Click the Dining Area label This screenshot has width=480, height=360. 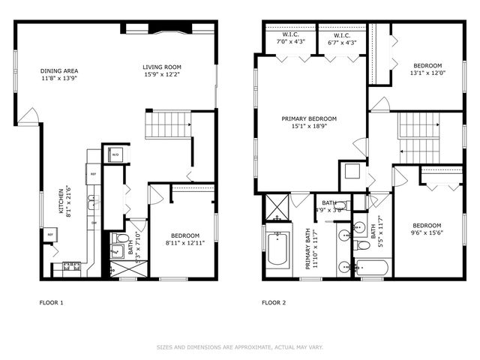pos(59,71)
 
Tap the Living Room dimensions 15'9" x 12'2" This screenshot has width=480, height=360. pos(162,74)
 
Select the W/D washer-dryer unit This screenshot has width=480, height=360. pos(116,154)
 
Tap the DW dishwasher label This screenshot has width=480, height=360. pos(94,223)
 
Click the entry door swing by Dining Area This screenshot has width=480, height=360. pos(28,116)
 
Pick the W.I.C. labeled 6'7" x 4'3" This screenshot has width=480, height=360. pos(340,38)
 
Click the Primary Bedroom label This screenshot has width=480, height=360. pos(309,118)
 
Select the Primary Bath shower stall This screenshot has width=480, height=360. pos(274,207)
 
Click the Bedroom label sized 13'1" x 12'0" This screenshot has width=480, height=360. pos(427,65)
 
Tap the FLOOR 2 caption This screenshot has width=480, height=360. pos(273,303)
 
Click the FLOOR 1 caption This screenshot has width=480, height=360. pos(51,303)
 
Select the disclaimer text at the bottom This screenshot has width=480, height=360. pos(239,347)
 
